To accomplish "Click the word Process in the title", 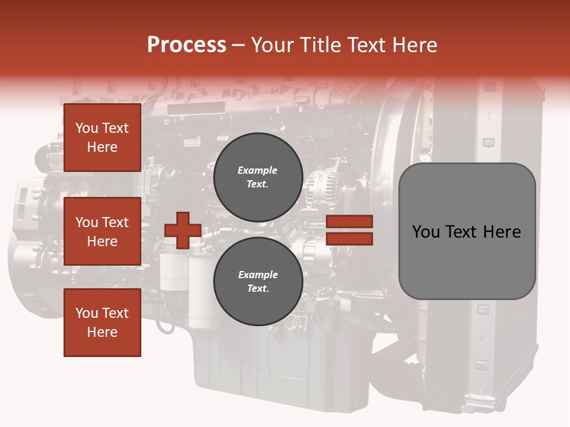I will coord(186,45).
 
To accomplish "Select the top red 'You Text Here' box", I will coord(102,138).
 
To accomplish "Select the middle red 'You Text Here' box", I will coord(102,231).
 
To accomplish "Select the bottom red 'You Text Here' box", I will coord(102,323).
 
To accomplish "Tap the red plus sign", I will coord(183,230).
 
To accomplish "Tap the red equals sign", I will coord(350,230).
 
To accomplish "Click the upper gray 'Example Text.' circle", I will coord(258,177).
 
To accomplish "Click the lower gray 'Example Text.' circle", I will coord(258,281).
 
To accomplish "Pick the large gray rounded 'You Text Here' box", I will coord(467,231).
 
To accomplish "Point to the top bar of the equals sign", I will coord(350,221).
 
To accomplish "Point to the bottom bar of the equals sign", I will coord(350,239).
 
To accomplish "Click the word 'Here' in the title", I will coord(414,45).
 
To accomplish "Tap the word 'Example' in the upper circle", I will coord(257,170).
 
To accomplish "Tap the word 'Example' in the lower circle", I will coord(258,275).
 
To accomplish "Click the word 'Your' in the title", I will coord(272,45).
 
